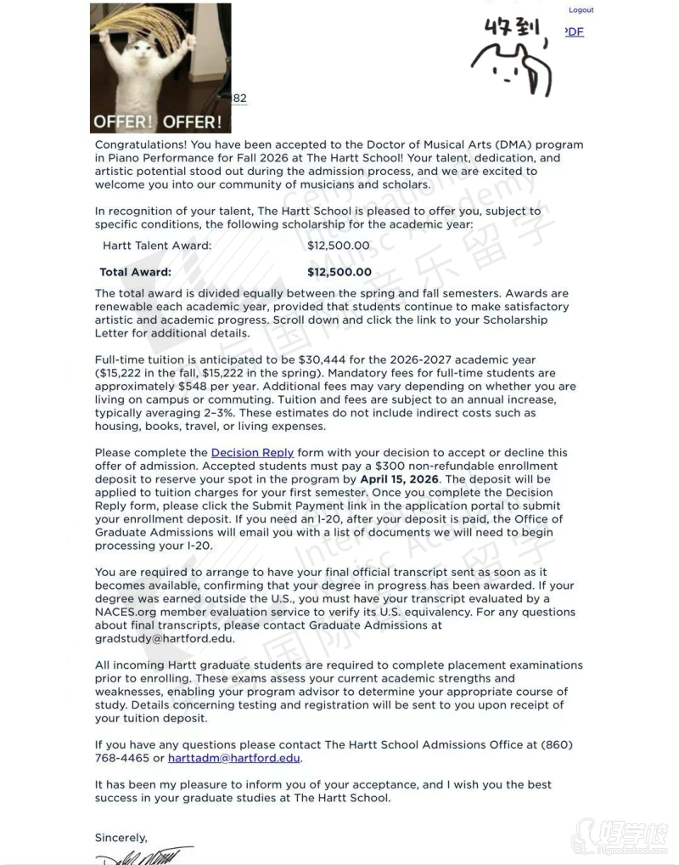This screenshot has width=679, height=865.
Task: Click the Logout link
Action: click(581, 10)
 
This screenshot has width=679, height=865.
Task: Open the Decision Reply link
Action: click(252, 453)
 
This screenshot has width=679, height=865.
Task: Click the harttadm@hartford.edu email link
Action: click(233, 758)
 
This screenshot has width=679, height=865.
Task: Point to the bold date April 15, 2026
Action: click(399, 479)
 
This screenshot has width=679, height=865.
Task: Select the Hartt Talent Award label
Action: click(157, 246)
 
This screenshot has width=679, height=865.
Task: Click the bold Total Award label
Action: click(135, 273)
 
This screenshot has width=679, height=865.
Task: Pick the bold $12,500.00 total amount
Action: click(339, 273)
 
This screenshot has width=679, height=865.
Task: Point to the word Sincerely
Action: click(121, 838)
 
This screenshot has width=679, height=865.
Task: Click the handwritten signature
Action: click(144, 854)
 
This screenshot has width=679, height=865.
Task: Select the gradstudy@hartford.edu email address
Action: click(165, 639)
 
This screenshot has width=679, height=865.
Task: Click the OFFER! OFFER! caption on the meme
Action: click(158, 122)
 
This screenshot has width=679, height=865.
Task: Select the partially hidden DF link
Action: click(575, 32)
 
